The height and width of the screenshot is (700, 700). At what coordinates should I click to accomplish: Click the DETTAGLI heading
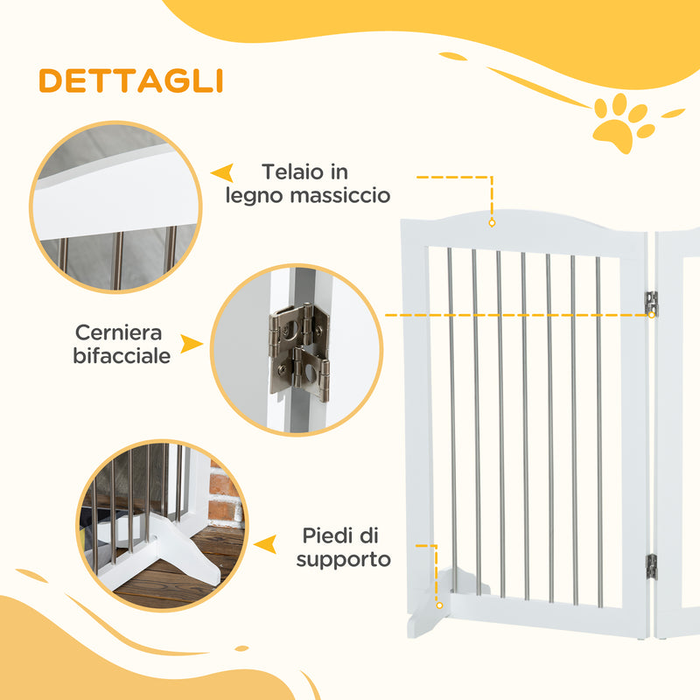click(130, 80)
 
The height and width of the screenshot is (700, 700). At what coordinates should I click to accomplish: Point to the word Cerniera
click(119, 333)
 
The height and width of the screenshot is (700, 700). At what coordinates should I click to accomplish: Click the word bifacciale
click(122, 356)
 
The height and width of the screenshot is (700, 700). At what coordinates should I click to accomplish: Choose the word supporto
click(343, 558)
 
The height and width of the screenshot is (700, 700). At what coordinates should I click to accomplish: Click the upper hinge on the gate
click(651, 304)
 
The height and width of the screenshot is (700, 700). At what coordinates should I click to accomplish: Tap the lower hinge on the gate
click(651, 566)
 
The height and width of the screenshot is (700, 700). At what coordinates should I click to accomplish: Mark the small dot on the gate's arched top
click(492, 224)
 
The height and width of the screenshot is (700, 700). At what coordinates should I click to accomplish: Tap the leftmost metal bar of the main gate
click(452, 420)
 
